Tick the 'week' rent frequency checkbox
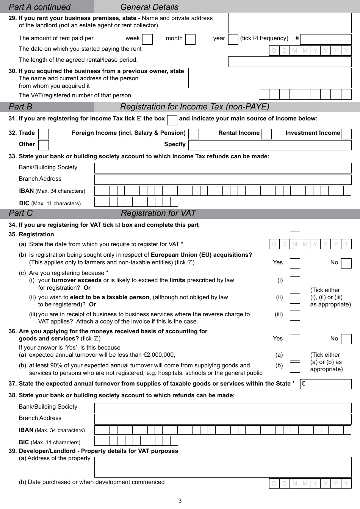click(147, 39)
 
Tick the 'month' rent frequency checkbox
click(191, 39)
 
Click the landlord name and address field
click(290, 23)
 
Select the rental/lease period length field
click(290, 62)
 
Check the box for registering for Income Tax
click(172, 120)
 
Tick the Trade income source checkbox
click(44, 134)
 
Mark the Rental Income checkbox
click(266, 134)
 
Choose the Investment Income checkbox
click(346, 134)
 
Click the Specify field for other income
click(270, 145)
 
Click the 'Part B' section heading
click(20, 107)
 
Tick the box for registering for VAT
click(295, 226)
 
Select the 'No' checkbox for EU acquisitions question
click(346, 263)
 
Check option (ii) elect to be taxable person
click(295, 299)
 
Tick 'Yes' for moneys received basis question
click(295, 339)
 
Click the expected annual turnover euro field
click(326, 384)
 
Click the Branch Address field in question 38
click(223, 419)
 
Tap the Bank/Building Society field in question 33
click(223, 168)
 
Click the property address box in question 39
click(223, 467)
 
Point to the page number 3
click(180, 501)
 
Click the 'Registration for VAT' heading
click(158, 213)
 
